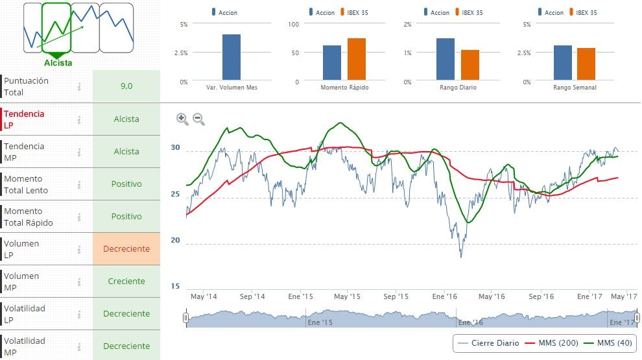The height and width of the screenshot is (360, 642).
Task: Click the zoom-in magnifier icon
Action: (x=182, y=119)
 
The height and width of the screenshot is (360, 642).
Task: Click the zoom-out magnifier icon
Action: (x=198, y=119)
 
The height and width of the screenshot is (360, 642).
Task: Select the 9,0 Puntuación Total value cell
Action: (x=126, y=86)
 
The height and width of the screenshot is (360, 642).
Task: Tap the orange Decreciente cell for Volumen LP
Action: (x=126, y=249)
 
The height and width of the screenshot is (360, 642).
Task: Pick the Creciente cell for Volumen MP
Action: (x=126, y=282)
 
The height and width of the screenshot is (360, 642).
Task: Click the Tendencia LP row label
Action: (x=25, y=119)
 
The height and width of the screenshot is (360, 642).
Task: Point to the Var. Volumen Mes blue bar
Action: (x=232, y=57)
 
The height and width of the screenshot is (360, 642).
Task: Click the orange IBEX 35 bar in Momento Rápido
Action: (x=357, y=60)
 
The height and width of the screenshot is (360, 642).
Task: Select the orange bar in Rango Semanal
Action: (x=586, y=64)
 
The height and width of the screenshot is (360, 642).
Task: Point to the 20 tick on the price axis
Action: (x=174, y=240)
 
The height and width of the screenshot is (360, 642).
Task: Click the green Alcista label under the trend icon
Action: (x=58, y=63)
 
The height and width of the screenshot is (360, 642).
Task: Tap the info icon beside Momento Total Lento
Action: (x=79, y=184)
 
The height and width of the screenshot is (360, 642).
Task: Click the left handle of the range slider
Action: (x=186, y=318)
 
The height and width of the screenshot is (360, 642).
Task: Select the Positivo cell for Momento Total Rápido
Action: (x=126, y=217)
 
